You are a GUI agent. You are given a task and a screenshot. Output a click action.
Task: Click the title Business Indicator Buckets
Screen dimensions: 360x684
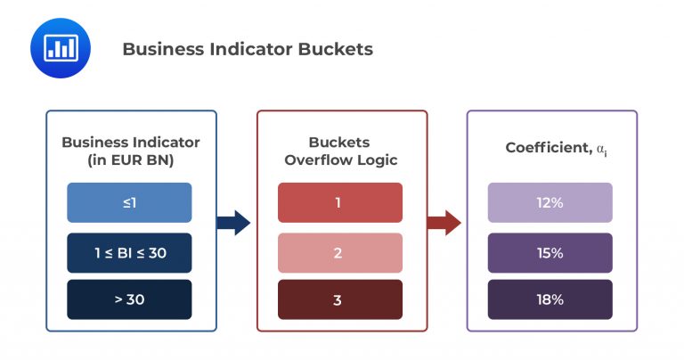[247, 49]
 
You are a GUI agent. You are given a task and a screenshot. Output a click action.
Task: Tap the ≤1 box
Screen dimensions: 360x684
[129, 202]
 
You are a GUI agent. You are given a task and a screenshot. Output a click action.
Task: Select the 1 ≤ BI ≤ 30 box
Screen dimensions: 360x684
[129, 252]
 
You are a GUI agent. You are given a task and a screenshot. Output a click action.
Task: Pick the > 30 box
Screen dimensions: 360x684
[129, 299]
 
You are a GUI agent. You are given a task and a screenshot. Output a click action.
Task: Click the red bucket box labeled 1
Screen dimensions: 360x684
[339, 202]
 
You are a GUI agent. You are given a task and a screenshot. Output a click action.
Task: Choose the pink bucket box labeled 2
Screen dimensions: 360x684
[339, 252]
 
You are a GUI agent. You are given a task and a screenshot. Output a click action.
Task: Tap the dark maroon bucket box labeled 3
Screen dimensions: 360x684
[339, 299]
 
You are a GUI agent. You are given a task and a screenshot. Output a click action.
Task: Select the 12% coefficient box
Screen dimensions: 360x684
[550, 202]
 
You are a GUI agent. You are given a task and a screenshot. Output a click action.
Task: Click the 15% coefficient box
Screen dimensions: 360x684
[550, 252]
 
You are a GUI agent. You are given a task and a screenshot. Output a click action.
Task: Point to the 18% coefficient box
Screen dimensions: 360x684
[550, 299]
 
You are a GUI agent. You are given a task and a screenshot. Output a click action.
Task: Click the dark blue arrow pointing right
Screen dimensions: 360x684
[233, 223]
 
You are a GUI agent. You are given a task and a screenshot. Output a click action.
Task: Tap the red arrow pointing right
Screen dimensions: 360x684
[444, 223]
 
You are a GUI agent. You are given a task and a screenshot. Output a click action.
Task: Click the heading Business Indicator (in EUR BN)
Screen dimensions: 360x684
[130, 151]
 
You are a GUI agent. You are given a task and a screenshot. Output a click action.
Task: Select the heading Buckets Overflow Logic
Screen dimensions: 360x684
[339, 151]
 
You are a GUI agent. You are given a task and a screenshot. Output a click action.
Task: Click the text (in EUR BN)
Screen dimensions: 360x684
[130, 160]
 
